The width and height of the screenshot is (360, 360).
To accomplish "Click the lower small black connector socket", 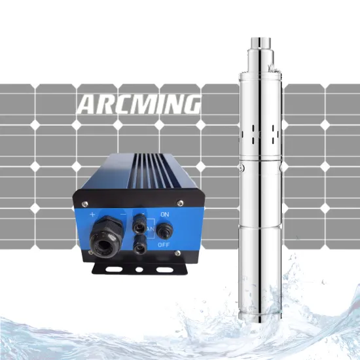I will click(x=138, y=247).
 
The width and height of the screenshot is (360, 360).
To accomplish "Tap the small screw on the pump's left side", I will click(x=242, y=169).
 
